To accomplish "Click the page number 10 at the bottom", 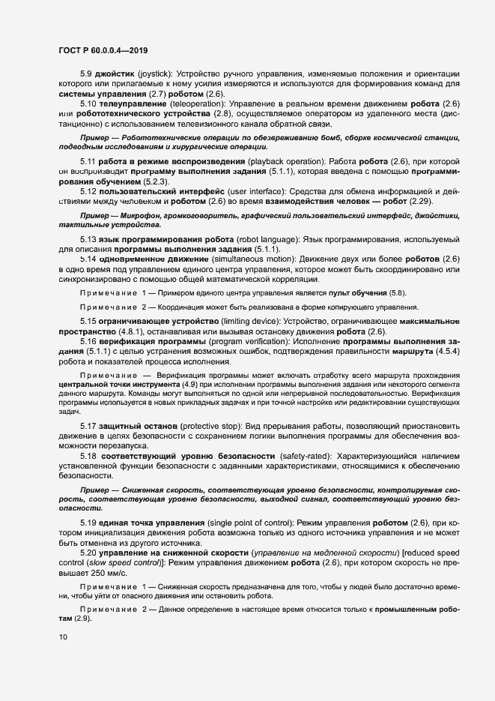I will [x=64, y=637].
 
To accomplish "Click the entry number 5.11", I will [x=88, y=162].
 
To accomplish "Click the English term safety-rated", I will [x=303, y=456].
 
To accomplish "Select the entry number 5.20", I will [x=88, y=550].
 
